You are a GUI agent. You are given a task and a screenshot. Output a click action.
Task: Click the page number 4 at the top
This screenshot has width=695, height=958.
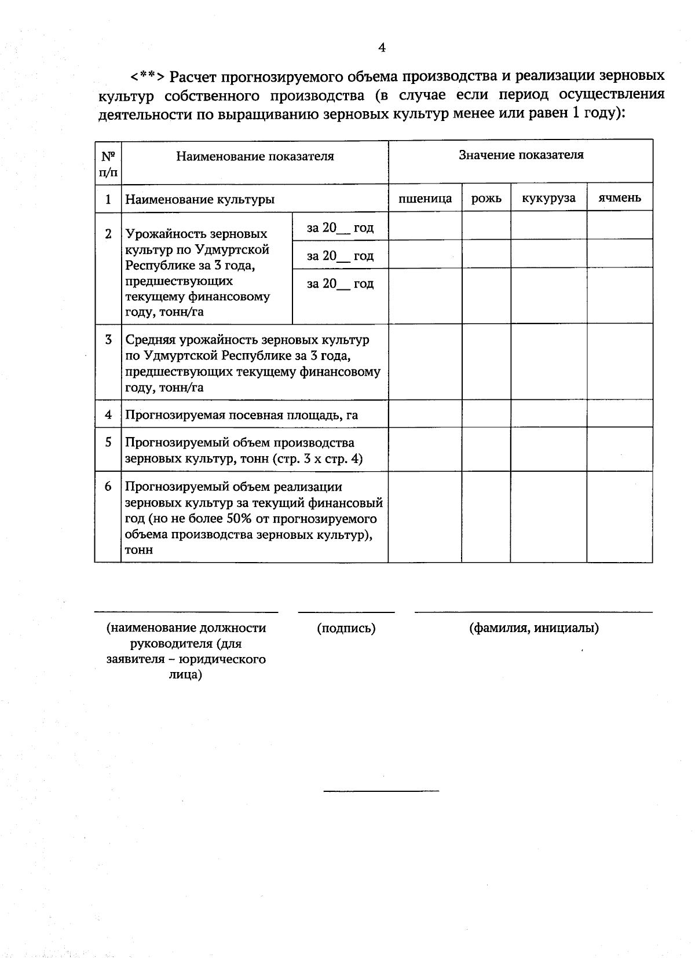(x=382, y=48)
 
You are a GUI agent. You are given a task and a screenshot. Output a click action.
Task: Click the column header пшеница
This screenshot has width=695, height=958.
(x=425, y=199)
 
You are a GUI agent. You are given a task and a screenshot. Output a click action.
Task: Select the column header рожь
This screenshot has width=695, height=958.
(x=487, y=199)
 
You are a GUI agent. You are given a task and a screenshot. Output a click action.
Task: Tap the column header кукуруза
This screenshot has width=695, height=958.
(x=548, y=198)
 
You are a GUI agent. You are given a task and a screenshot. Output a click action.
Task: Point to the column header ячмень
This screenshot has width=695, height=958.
(x=620, y=198)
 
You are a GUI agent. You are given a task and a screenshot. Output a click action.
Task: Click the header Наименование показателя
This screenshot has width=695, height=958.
(x=255, y=156)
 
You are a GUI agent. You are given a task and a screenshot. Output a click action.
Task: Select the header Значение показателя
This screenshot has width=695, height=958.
(x=521, y=155)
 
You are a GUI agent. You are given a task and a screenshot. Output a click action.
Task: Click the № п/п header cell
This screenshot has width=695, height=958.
(x=108, y=163)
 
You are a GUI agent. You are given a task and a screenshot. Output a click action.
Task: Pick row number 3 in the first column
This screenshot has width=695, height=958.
(x=108, y=339)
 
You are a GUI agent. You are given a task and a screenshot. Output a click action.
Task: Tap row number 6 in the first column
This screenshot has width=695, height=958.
(x=108, y=486)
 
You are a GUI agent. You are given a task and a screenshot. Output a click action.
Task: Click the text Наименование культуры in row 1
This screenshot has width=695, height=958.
(x=200, y=200)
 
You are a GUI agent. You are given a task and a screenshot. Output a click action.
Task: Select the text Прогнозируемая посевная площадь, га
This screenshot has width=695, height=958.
(x=242, y=414)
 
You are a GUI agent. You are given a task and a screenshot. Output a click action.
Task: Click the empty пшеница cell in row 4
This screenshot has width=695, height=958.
(x=425, y=414)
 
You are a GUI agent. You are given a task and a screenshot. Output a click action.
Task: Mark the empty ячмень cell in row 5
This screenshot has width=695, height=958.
(x=620, y=450)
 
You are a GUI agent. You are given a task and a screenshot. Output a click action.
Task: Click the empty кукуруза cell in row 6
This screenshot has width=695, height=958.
(x=548, y=517)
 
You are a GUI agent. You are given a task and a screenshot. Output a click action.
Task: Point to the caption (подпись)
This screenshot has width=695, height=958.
(x=346, y=628)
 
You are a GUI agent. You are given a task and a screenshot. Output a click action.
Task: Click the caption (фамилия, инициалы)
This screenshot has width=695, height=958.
(x=533, y=628)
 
